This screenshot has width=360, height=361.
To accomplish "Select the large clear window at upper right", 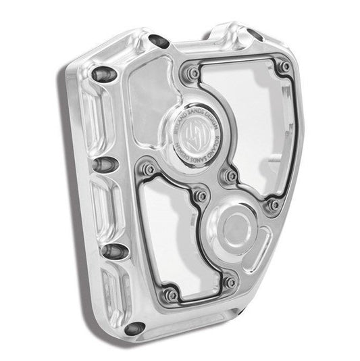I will click(243, 108).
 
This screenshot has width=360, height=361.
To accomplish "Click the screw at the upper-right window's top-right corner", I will click(286, 67).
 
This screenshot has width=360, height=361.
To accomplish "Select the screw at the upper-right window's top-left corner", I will click(194, 72).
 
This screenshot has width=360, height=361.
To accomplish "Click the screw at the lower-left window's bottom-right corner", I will click(230, 282).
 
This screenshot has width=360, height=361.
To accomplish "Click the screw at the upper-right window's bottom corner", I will click(274, 203).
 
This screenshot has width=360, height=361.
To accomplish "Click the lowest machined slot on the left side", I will click(111, 297).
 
